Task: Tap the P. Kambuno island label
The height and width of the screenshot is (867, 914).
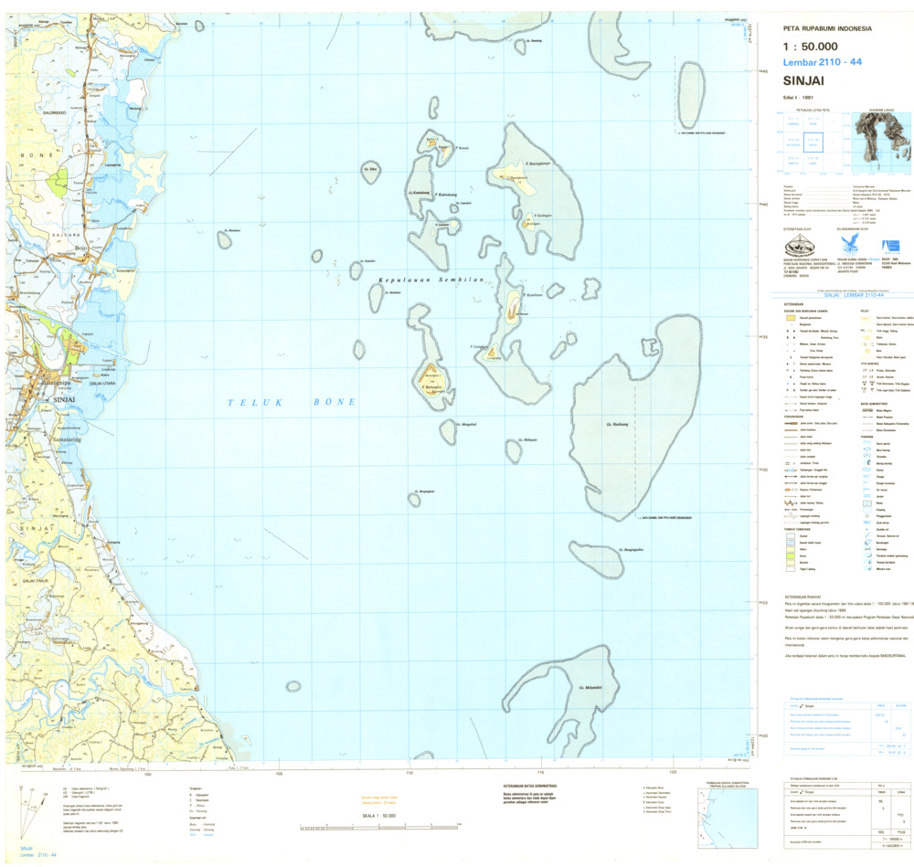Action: pos(536,295)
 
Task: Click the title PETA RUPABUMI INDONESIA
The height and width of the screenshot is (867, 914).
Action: pos(822,28)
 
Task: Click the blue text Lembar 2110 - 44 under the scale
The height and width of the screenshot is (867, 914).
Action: pos(822,61)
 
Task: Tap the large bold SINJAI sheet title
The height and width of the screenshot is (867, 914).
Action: pos(804,79)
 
